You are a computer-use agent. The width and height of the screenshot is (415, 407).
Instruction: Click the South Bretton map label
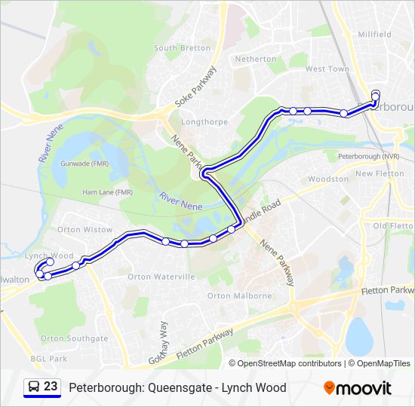click(x=182, y=47)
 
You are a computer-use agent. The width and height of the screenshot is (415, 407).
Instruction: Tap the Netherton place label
click(x=256, y=59)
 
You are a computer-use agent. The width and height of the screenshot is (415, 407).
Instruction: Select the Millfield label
click(x=374, y=35)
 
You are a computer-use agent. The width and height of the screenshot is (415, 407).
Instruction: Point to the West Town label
click(x=327, y=69)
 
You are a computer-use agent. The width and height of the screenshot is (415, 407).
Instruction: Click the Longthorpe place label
click(x=201, y=118)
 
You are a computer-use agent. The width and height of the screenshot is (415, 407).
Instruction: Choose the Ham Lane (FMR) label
click(x=108, y=192)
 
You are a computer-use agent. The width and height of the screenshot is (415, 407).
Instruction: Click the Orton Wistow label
click(x=85, y=229)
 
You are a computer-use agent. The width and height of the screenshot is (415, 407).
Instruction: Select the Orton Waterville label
click(x=161, y=277)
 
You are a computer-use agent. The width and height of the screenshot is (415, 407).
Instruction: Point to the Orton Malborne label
click(x=239, y=295)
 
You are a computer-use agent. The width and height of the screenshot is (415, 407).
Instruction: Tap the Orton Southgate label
click(x=74, y=338)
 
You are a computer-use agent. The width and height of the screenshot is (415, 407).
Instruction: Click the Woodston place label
click(x=328, y=179)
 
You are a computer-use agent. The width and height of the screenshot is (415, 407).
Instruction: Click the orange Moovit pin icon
click(x=330, y=387)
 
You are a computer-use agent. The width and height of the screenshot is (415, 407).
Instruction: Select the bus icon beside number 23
click(x=34, y=387)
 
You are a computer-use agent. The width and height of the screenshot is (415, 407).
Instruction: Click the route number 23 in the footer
click(x=51, y=387)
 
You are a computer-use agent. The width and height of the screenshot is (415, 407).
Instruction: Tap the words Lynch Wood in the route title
click(x=260, y=387)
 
